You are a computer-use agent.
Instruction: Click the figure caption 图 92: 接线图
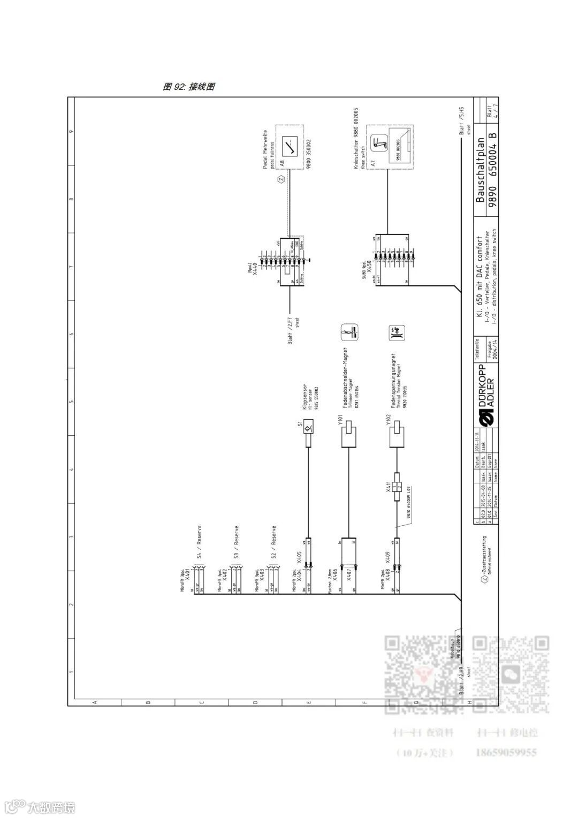coord(189,87)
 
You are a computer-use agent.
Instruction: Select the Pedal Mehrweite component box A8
coord(290,147)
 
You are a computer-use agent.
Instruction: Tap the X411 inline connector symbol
coord(397,487)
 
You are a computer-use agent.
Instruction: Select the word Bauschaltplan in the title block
coord(480,171)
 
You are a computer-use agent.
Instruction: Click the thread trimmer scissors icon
coord(349,332)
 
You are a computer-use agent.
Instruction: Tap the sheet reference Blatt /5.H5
coord(461,124)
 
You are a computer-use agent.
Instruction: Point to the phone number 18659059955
coord(506,753)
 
